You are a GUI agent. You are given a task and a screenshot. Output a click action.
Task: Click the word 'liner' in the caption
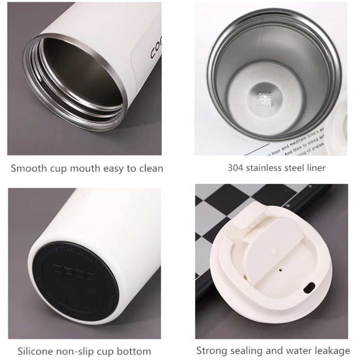(315, 168)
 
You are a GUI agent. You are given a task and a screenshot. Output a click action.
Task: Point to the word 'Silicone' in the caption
(35, 351)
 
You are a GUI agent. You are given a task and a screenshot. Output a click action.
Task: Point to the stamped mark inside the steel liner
(262, 96)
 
